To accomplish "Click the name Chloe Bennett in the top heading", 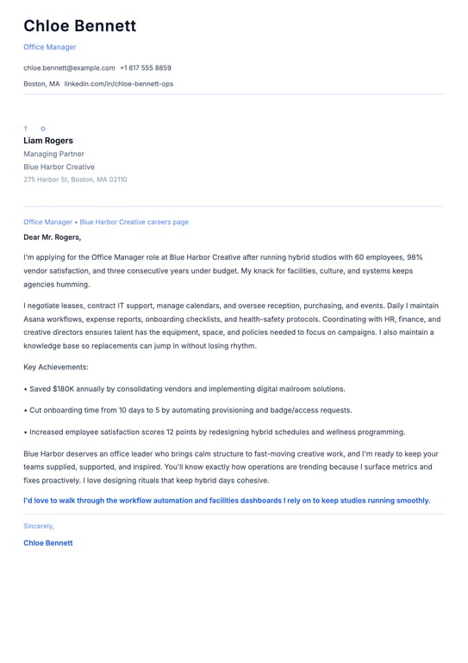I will click(79, 26).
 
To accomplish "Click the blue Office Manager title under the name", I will click(50, 47).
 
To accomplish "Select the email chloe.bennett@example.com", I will click(69, 67).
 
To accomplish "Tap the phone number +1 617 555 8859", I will click(146, 67).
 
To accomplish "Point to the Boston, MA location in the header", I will click(41, 84).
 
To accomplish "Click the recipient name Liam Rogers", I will click(48, 141).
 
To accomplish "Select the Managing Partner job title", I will click(53, 154).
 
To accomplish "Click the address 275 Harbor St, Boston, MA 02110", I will click(75, 180).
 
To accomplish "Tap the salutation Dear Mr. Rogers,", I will click(52, 237).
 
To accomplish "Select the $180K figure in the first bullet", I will click(62, 389).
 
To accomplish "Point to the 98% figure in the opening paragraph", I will click(415, 257).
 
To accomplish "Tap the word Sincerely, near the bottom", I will click(39, 526).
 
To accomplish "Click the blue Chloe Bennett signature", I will click(48, 543).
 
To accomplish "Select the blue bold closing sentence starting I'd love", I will click(227, 501).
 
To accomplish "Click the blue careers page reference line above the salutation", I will click(106, 222).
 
